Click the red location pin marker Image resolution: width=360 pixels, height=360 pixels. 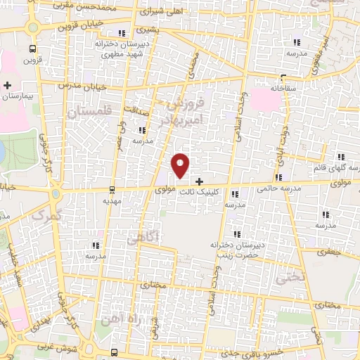point(181,165)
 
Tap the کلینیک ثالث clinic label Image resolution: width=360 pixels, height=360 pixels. point(219,191)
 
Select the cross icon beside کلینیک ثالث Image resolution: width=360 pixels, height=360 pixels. point(199,181)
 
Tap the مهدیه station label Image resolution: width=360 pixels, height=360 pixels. point(113,200)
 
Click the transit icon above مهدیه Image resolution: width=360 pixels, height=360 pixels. point(112,190)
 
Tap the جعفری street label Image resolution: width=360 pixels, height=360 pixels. point(328,250)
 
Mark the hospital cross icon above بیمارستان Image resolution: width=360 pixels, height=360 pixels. point(6,85)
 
